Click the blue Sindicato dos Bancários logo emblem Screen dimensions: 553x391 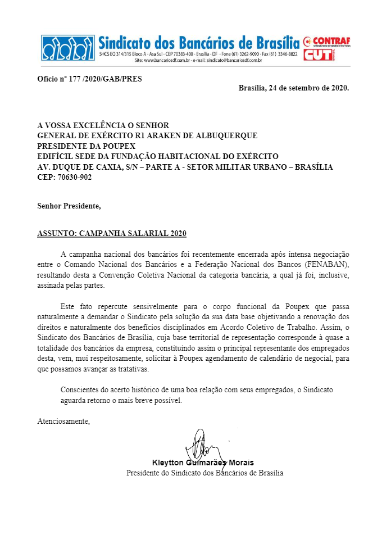point(67,48)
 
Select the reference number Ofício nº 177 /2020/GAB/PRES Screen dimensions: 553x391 point(89,79)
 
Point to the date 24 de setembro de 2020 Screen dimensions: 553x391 point(309,88)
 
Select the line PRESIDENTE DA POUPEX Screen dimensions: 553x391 point(78,146)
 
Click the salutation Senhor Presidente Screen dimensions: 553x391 point(69,206)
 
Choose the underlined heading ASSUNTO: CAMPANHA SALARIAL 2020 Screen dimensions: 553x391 point(112,233)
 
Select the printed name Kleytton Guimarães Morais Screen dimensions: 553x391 point(202,463)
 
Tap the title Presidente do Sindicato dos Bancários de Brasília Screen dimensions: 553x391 point(204,473)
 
